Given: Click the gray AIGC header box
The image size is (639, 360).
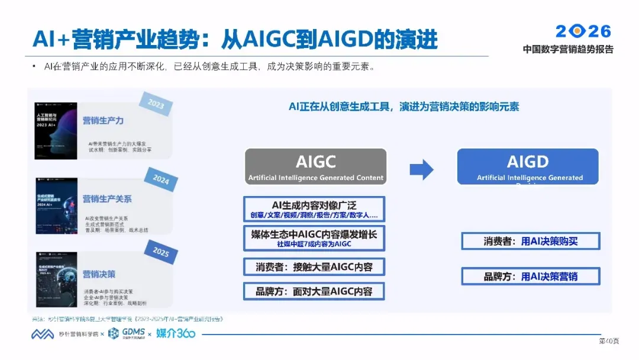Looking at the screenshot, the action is click(x=316, y=166).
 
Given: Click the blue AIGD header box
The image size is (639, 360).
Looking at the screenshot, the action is click(x=528, y=166).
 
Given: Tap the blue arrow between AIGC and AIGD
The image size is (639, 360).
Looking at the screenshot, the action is click(x=421, y=170).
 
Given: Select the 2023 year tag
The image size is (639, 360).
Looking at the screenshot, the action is click(x=156, y=105).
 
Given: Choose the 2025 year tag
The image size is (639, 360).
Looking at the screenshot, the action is click(x=161, y=251).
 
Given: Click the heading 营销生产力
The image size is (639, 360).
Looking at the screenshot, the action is click(x=103, y=121).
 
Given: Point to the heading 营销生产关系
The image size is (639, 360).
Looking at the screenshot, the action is click(x=107, y=199).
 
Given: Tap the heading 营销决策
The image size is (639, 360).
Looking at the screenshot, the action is click(x=99, y=274).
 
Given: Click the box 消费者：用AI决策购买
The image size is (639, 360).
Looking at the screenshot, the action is click(x=530, y=241).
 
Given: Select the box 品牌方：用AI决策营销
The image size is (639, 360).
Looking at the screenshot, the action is click(x=530, y=277).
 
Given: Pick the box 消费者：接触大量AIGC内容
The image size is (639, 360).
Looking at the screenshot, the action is click(x=314, y=267).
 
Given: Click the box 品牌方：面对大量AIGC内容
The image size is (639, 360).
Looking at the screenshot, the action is click(x=314, y=291).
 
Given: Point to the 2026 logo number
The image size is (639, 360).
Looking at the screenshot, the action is click(x=583, y=31).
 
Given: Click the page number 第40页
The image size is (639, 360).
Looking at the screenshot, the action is click(x=609, y=341).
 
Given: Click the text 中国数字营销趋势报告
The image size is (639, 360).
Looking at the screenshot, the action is click(x=568, y=49).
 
